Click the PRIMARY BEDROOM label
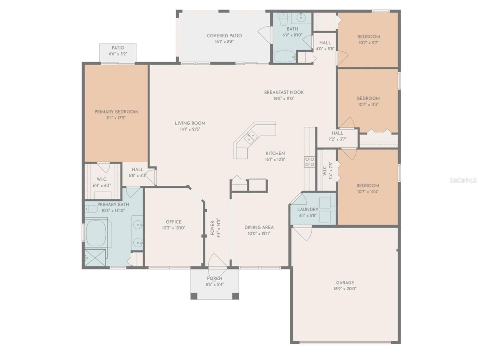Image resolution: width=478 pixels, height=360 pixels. click(116, 112)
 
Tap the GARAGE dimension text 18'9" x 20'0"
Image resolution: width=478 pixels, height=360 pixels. click(345, 289)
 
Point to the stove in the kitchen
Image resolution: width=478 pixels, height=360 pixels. click(310, 162)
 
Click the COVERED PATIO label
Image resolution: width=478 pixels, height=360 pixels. click(224, 36)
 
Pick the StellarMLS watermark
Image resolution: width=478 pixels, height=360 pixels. click(463, 180)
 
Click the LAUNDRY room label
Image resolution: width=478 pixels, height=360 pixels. click(308, 209)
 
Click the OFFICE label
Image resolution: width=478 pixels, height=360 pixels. click(173, 222)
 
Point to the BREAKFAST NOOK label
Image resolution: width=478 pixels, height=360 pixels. click(284, 92)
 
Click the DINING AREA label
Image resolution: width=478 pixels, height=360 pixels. click(259, 227)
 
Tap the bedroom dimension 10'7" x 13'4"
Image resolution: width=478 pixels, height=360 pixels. click(368, 192)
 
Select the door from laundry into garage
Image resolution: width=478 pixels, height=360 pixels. click(302, 234)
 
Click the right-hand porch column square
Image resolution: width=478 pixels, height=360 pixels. click(236, 296)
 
